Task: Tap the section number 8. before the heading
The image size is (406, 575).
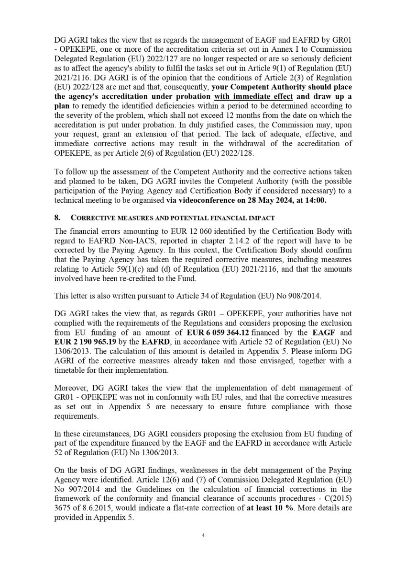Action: tap(57, 217)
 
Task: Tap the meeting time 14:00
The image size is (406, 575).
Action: tap(317, 201)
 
